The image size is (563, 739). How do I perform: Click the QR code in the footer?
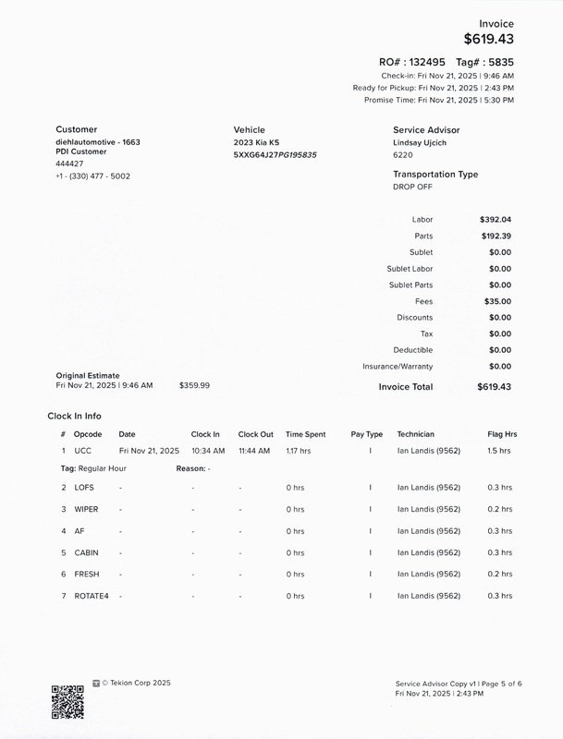[67, 702]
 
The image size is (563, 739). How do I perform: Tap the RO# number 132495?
[426, 62]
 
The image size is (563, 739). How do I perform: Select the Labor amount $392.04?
[496, 220]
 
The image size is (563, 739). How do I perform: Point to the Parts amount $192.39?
[496, 236]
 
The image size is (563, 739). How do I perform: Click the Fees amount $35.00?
[497, 301]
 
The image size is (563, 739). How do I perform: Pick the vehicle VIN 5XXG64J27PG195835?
[275, 155]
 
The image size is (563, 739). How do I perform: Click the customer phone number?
[92, 176]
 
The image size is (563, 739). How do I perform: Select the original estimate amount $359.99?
[194, 385]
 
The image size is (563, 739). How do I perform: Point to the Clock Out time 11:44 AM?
[253, 451]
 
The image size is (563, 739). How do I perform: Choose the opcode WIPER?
[87, 509]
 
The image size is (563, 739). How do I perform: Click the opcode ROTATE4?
[91, 596]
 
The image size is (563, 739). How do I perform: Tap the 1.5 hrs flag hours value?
[498, 451]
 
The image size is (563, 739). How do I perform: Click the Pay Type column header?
[366, 433]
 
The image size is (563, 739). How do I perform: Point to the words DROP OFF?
[413, 187]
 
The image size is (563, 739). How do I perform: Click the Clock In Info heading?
[80, 416]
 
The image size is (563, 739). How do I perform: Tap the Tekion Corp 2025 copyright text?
[136, 683]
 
